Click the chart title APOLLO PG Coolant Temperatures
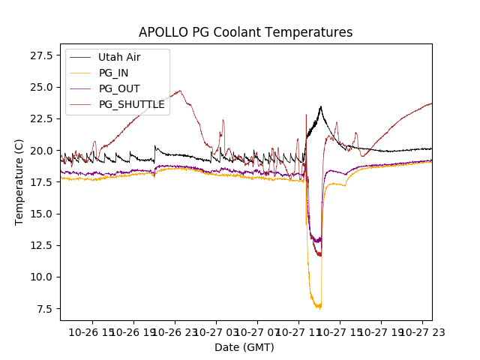click(x=245, y=32)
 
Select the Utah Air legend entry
click(x=119, y=57)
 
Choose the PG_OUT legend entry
click(x=119, y=88)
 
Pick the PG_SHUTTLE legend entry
click(x=131, y=104)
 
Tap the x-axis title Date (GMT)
click(x=244, y=347)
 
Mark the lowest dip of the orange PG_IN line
click(x=319, y=307)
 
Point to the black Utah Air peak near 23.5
click(x=321, y=106)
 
